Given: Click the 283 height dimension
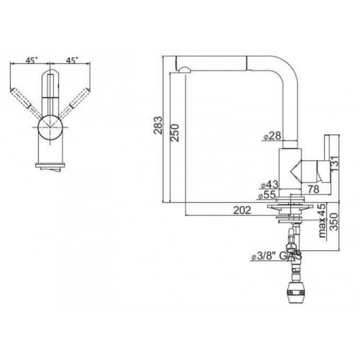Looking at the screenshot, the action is coord(158,125).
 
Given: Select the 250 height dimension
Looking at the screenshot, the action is coord(175,133).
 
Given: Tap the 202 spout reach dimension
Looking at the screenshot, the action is coord(242,210).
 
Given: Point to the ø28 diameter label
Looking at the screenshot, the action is coord(272,136).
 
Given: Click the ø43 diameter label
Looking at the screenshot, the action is coord(270,184).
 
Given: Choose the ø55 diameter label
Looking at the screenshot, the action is coord(267,195).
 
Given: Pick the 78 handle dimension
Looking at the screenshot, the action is coord(314,189).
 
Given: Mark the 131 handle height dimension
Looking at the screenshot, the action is coord(334,163).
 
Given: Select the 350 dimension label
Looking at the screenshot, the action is coord(334,221).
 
